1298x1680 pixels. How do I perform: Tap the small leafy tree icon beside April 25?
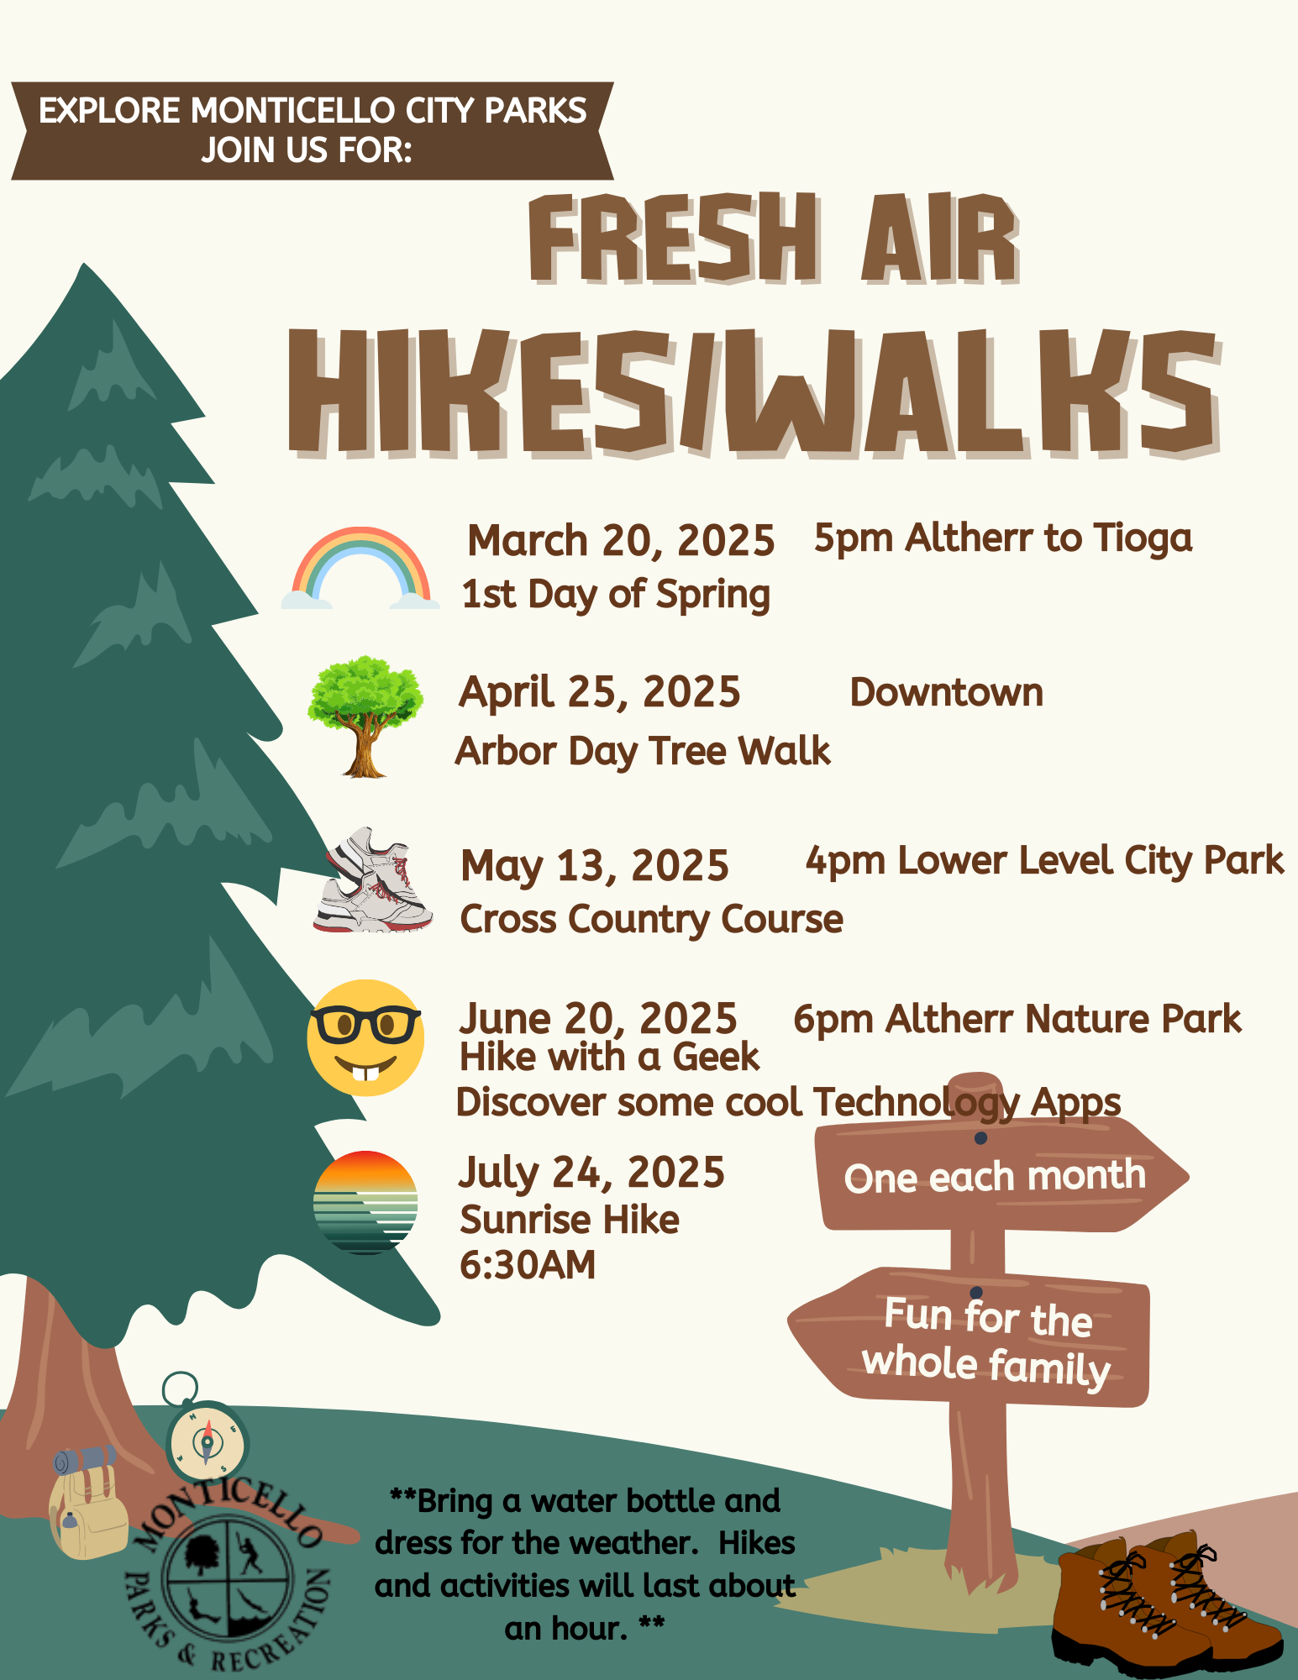365,716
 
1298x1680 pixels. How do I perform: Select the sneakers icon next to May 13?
373,879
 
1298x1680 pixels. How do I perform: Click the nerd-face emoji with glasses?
365,1037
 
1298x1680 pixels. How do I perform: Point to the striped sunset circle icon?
365,1202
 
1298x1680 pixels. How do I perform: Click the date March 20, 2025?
621,541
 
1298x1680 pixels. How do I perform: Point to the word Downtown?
947,693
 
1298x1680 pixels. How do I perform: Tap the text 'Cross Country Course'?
652,920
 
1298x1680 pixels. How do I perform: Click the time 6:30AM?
528,1265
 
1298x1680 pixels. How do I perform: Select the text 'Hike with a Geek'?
609,1058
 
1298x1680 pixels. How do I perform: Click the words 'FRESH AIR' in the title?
774,239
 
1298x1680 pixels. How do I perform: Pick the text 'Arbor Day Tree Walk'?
643,752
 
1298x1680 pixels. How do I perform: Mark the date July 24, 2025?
591,1173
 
